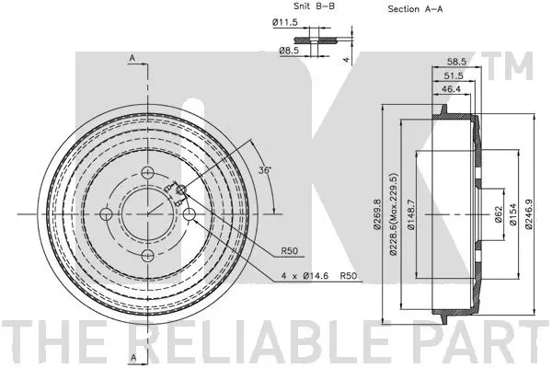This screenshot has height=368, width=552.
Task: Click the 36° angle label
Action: (265, 171)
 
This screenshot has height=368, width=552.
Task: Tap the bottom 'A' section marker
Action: (132, 356)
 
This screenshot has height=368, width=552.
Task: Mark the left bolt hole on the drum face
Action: (109, 214)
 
